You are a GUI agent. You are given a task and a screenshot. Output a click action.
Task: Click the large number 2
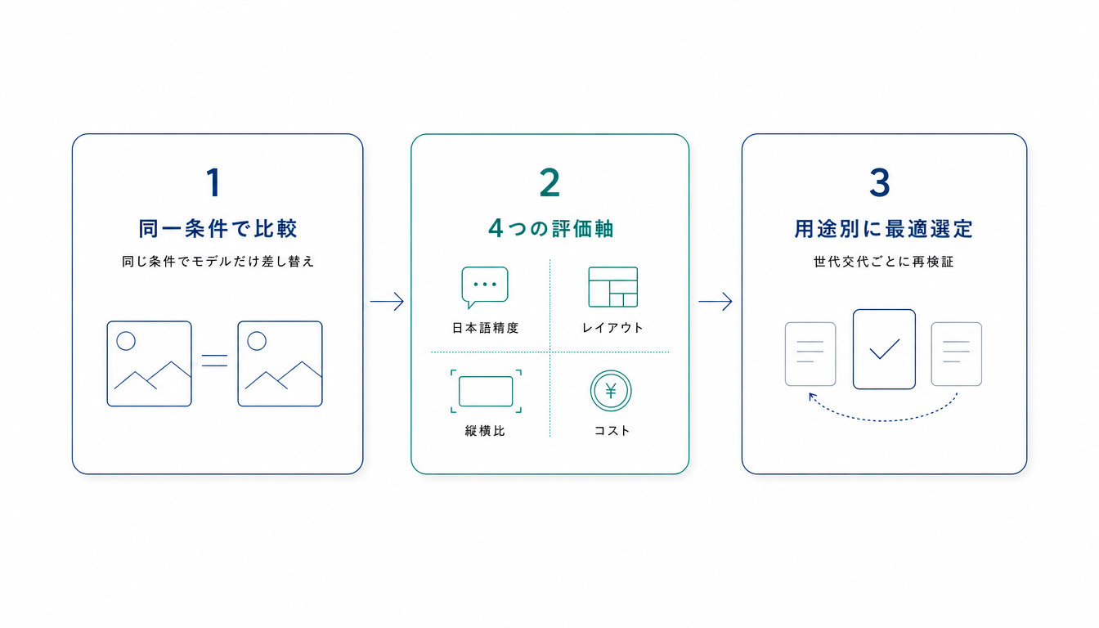(549, 182)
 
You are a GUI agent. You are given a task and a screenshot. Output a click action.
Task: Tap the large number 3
(880, 182)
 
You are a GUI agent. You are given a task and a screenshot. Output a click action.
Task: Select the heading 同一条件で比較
(218, 229)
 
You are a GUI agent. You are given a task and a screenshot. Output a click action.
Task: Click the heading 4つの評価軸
(550, 229)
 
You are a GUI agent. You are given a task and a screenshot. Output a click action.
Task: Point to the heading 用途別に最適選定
(884, 229)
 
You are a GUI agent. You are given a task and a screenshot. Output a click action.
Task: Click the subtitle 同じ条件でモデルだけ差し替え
(218, 262)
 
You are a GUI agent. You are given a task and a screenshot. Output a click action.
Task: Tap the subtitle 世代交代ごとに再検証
(884, 262)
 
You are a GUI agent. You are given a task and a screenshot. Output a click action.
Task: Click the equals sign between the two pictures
(214, 361)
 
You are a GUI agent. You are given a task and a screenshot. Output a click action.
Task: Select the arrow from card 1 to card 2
(387, 301)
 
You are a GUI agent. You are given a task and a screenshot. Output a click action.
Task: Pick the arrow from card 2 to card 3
(715, 301)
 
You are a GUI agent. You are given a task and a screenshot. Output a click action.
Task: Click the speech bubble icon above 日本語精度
(485, 287)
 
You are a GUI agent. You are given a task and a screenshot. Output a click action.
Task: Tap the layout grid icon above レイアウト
(612, 287)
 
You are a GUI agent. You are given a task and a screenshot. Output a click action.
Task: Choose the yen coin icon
(611, 391)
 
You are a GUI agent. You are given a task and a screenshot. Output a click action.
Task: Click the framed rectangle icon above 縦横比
(486, 391)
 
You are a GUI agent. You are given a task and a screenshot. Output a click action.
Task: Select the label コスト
(612, 431)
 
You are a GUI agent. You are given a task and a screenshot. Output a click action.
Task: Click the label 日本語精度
(485, 328)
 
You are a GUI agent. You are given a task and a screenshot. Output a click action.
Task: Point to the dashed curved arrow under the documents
(883, 420)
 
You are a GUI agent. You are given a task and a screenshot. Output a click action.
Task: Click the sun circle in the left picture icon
(126, 341)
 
